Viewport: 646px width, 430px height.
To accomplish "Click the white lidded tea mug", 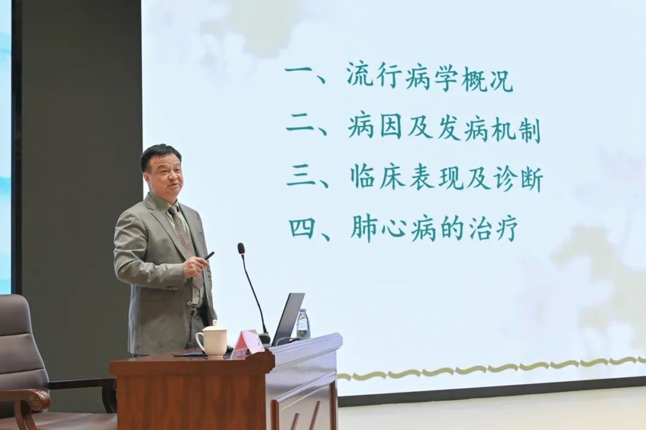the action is tap(212, 338).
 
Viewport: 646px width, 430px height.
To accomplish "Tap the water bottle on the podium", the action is tap(303, 324).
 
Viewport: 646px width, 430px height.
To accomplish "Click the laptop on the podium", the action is tap(287, 319).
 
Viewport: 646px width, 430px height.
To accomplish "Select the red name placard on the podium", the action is tap(247, 343).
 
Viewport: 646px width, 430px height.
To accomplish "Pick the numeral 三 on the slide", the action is tap(303, 176).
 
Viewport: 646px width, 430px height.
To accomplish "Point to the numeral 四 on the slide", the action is tap(303, 228).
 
